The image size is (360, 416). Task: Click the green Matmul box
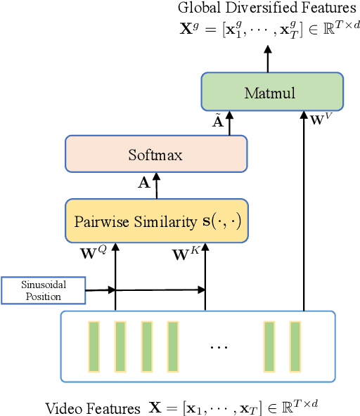click(x=272, y=92)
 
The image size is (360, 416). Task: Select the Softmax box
click(x=156, y=155)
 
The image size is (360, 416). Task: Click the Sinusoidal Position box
click(x=44, y=290)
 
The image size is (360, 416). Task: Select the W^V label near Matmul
click(x=320, y=119)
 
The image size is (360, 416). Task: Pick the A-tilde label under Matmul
click(x=218, y=121)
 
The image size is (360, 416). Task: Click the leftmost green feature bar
click(x=94, y=346)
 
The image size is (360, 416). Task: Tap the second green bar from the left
click(x=120, y=346)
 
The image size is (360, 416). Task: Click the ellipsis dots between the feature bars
click(x=219, y=347)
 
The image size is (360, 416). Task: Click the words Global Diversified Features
click(x=267, y=8)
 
